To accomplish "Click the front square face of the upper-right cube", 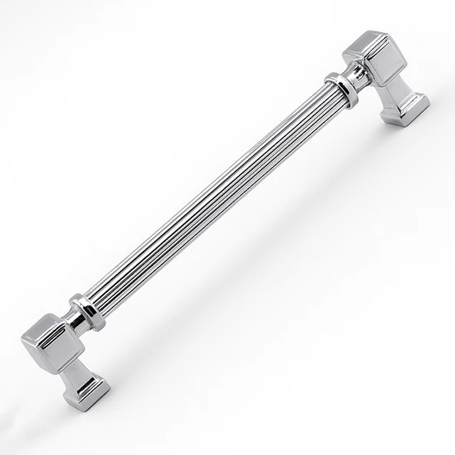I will [384, 68].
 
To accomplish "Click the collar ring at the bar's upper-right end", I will [340, 88].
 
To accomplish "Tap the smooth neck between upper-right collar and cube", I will [355, 75].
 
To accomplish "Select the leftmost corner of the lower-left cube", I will [22, 338].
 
